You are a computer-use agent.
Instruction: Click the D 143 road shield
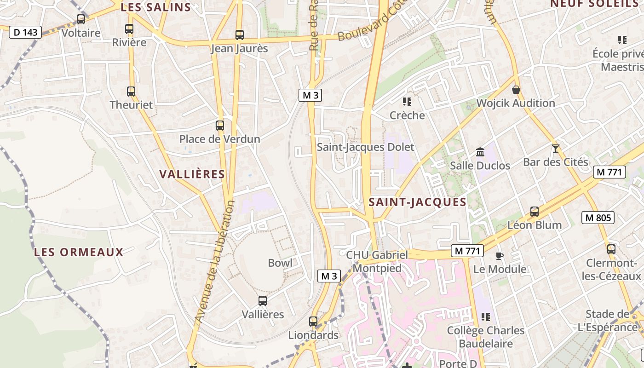point(25,32)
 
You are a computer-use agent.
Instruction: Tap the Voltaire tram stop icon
point(81,19)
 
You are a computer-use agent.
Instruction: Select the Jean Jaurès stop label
point(239,48)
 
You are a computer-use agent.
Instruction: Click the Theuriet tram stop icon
point(131,92)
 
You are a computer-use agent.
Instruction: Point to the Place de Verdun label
point(219,139)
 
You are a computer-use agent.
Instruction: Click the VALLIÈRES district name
point(192,174)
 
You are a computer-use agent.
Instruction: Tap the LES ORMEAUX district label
point(79,252)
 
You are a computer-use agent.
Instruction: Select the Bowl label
point(280,263)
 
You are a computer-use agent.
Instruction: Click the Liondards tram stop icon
point(313,322)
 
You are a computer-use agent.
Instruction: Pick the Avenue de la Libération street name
point(214,261)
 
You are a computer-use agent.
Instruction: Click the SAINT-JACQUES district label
point(418,202)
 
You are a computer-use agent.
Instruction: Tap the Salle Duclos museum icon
point(480,152)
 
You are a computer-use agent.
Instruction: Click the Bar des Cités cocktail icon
point(556,149)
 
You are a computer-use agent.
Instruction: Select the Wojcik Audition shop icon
point(516,90)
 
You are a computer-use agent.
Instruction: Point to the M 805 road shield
point(598,218)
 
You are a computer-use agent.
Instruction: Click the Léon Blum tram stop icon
point(535,212)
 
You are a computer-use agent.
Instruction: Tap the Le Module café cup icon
point(500,256)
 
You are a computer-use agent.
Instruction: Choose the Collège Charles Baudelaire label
point(486,337)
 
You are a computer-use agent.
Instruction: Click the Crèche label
point(407,115)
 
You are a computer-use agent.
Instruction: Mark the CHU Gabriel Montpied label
point(377,261)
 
